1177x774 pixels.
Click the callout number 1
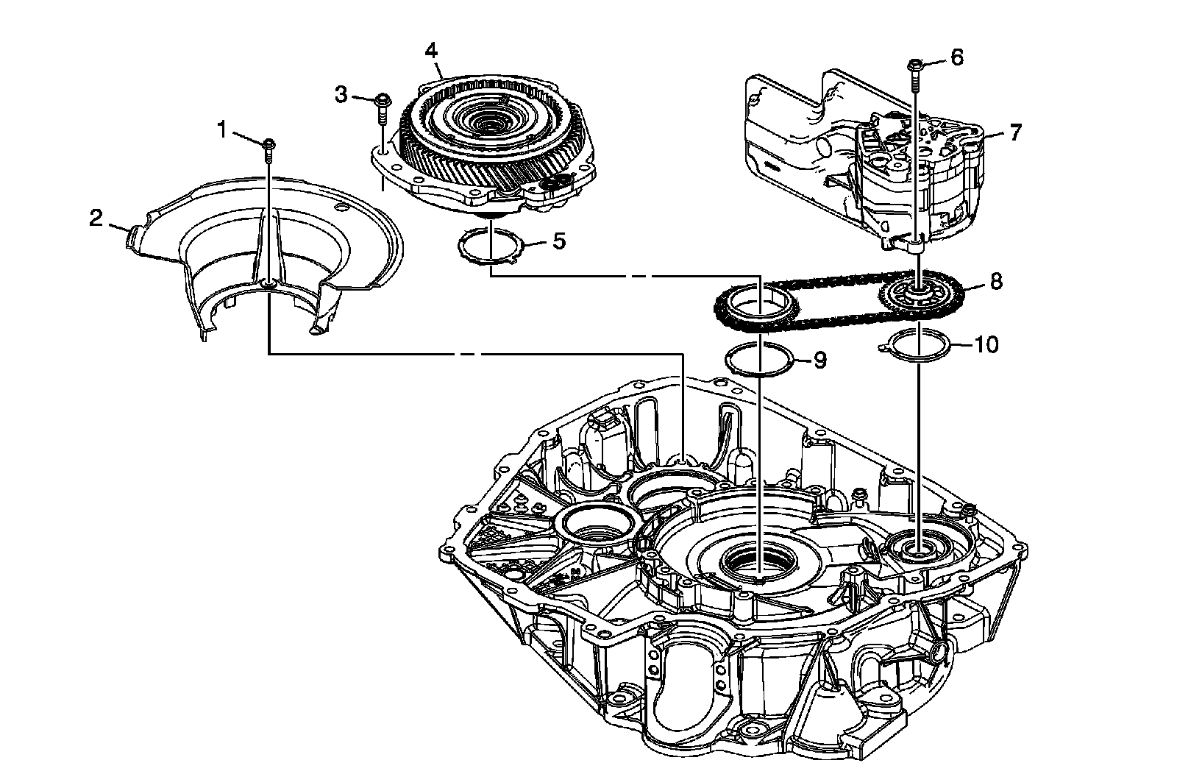pyautogui.click(x=221, y=129)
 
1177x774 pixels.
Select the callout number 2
pyautogui.click(x=96, y=218)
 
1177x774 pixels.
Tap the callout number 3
pyautogui.click(x=341, y=93)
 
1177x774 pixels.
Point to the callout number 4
pyautogui.click(x=431, y=50)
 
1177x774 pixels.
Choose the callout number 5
pyautogui.click(x=559, y=241)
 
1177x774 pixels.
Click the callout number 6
pyautogui.click(x=956, y=57)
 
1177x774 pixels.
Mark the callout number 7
pyautogui.click(x=1015, y=132)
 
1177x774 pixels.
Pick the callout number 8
pyautogui.click(x=995, y=281)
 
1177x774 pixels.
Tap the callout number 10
pyautogui.click(x=987, y=344)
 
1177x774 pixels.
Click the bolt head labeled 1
pyautogui.click(x=269, y=142)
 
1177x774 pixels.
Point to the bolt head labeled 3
pyautogui.click(x=383, y=99)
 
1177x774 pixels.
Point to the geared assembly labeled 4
pyautogui.click(x=486, y=140)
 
